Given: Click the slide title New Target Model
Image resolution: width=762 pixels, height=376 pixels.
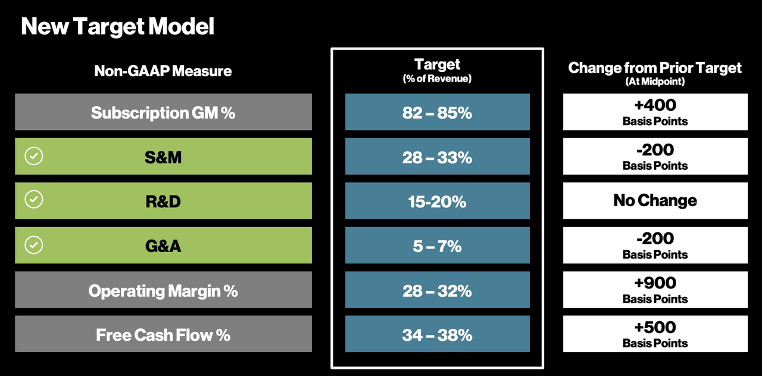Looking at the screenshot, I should tap(117, 27).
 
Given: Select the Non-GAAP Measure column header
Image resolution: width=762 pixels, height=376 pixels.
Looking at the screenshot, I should tap(163, 72).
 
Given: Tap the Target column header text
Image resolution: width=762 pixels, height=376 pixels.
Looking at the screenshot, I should tap(437, 64).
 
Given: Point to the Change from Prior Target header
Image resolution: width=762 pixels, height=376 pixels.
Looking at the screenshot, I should tap(655, 68).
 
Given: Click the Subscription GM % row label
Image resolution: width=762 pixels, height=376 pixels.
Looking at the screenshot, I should tap(163, 112).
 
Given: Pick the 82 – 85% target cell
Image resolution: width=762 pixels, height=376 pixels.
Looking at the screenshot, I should tap(437, 112).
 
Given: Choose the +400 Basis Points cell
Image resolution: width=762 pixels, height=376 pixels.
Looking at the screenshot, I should tap(655, 112).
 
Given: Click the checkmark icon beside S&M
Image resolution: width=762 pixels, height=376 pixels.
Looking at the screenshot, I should tap(34, 156).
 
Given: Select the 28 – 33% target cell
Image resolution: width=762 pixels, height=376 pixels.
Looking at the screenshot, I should tap(437, 157).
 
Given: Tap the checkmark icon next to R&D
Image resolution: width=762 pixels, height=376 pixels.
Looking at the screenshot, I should tap(34, 200).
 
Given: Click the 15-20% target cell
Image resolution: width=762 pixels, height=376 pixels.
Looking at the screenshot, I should tap(437, 201).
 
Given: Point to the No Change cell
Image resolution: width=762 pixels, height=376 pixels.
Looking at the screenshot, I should tap(655, 201).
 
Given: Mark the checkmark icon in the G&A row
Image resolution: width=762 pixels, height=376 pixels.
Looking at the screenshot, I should tap(34, 245).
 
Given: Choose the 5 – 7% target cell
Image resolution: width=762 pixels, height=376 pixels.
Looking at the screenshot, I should tap(437, 246).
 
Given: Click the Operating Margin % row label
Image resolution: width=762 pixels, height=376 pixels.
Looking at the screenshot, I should tap(163, 290).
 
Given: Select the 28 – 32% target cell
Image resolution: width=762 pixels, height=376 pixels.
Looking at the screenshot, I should tap(437, 290).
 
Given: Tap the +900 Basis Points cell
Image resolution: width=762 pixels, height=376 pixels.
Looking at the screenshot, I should tap(655, 290).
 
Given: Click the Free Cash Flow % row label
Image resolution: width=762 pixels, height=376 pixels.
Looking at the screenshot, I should tap(163, 334).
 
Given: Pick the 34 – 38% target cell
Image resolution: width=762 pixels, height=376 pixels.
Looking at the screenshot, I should tap(437, 334).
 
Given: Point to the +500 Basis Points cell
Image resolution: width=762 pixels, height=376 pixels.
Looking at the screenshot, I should tap(655, 334).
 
